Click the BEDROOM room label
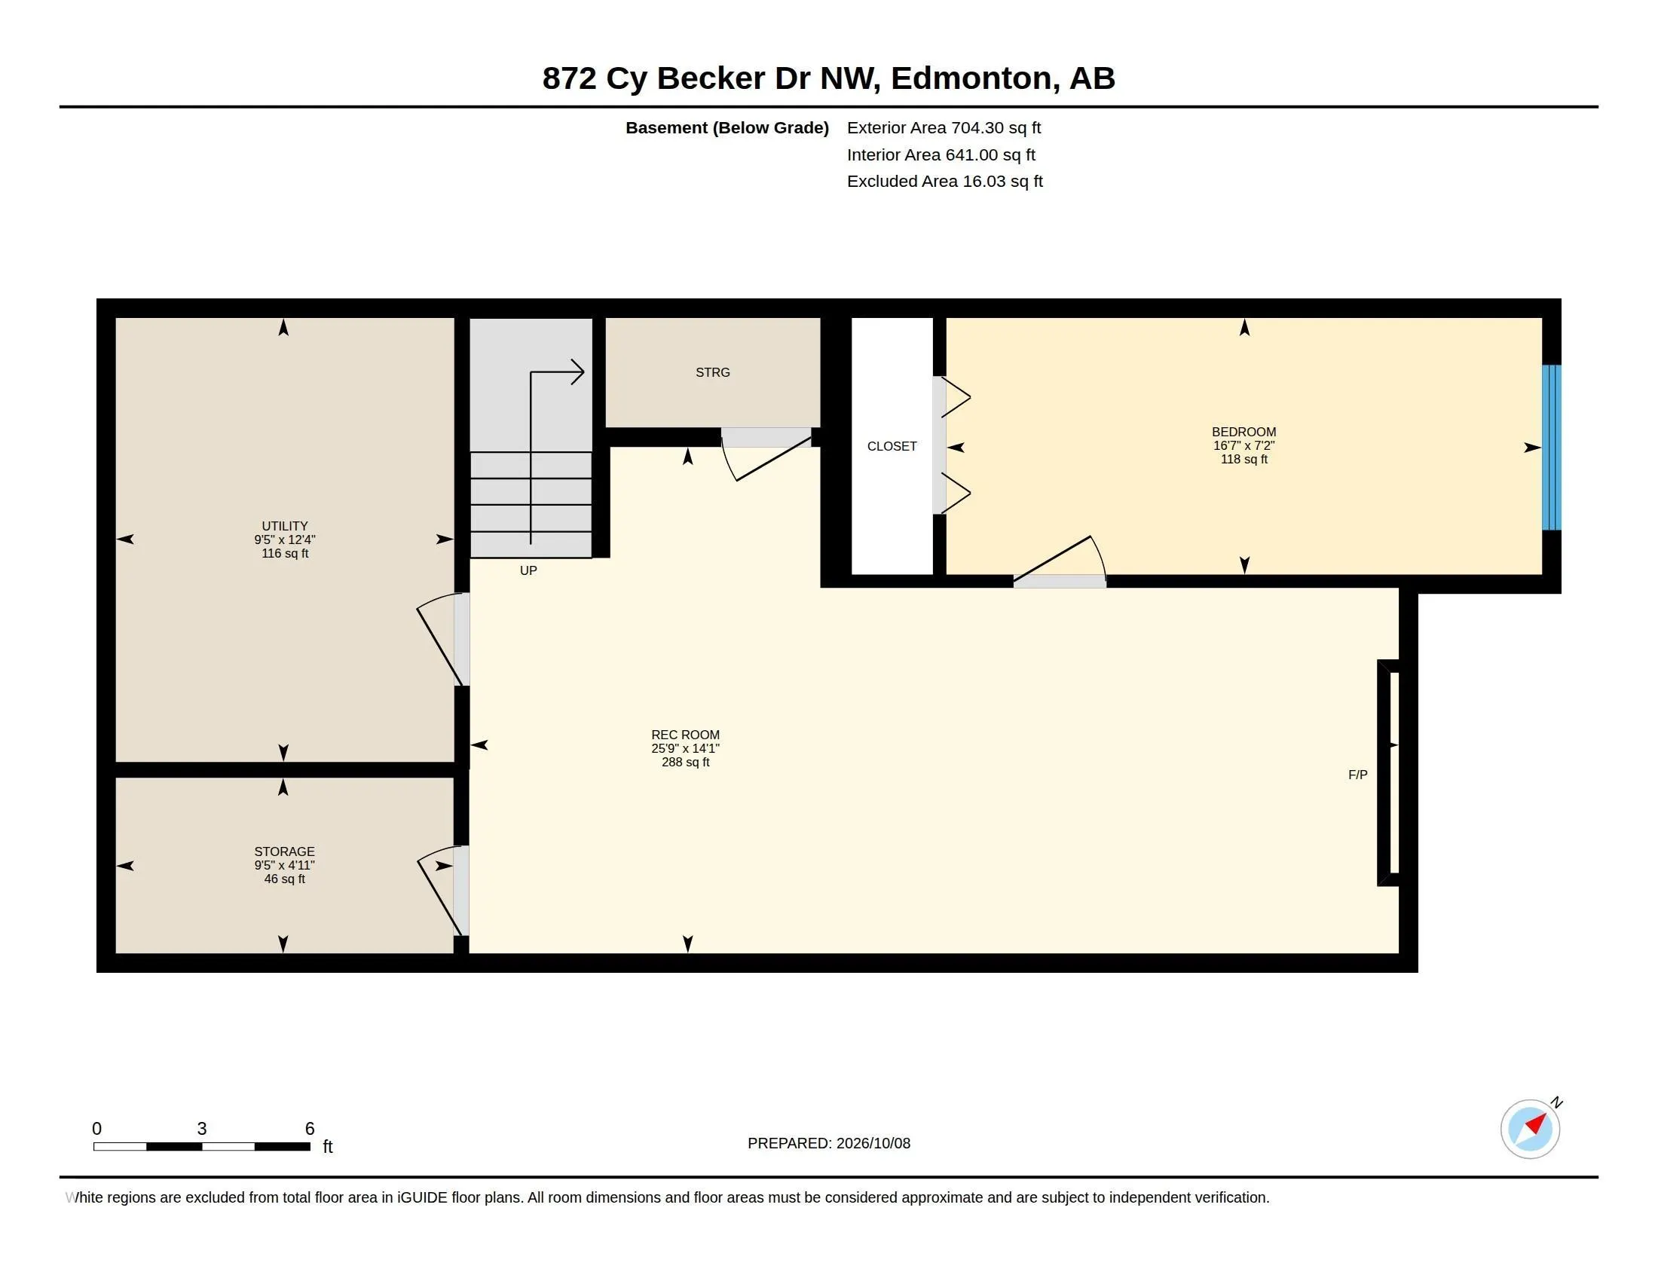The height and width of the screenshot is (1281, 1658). point(1243,432)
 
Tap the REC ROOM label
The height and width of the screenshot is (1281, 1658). point(685,735)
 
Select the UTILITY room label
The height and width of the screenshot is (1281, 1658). point(285,526)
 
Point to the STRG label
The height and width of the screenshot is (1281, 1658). point(713,372)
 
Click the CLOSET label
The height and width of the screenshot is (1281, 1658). point(892,446)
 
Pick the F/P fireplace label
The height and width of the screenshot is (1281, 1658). point(1357,775)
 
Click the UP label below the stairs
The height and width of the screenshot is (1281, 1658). point(528,570)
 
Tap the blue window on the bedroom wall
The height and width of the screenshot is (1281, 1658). point(1551,447)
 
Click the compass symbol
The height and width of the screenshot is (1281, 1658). point(1531,1128)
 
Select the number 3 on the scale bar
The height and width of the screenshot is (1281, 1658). point(202,1129)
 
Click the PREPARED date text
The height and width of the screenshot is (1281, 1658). point(829,1143)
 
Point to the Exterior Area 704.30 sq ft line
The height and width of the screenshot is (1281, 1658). point(944,127)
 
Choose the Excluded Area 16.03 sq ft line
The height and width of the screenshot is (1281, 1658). point(944,182)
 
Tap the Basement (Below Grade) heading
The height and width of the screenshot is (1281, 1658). point(727,128)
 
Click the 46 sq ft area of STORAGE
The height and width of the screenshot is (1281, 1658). point(285,879)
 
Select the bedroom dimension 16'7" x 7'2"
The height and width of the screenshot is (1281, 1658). point(1243,445)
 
